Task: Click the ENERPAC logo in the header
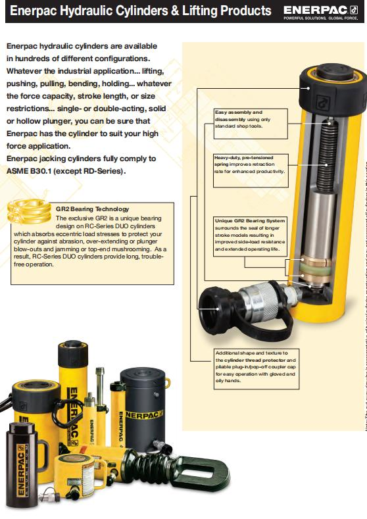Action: point(320,11)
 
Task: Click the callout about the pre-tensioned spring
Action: point(250,164)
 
